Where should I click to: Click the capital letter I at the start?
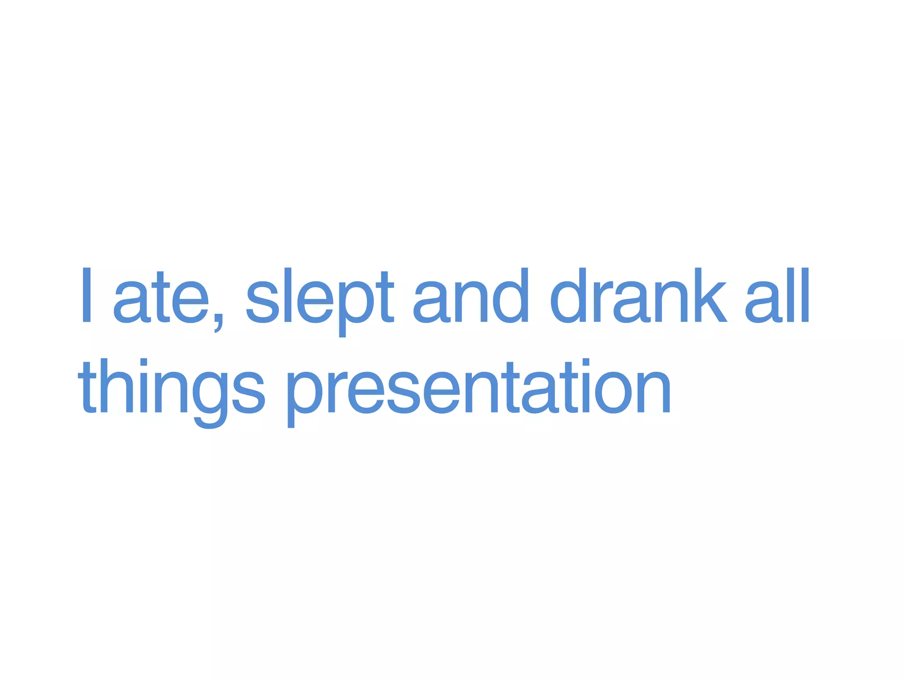coord(87,295)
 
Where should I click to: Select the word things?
coord(172,389)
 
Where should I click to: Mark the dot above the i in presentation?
coord(586,363)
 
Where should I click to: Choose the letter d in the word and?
coord(510,295)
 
